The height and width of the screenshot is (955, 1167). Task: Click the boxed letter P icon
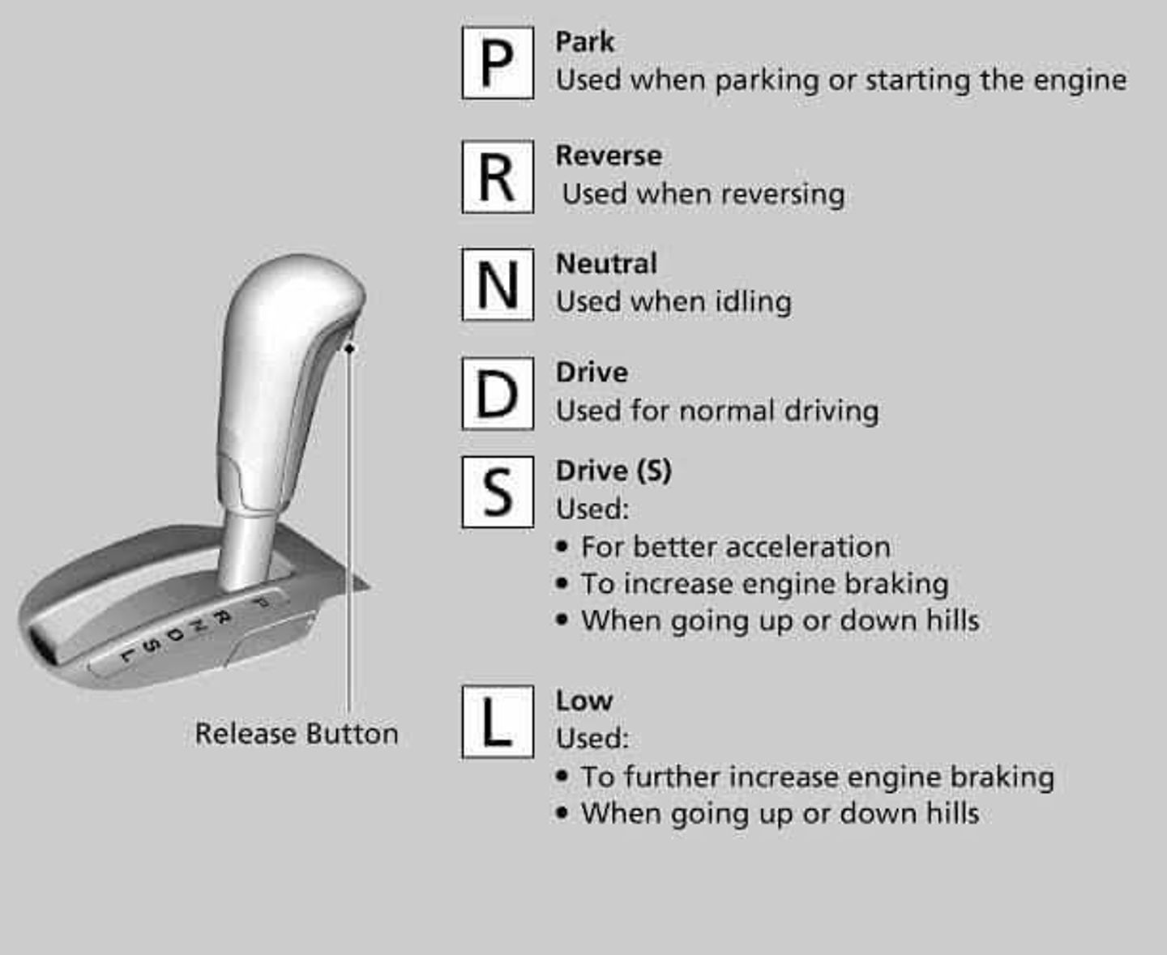(498, 63)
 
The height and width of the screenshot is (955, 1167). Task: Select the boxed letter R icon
(498, 177)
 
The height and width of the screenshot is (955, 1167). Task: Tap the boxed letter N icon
(498, 284)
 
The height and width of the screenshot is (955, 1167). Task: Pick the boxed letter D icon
(498, 394)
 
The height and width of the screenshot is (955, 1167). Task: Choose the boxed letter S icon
(498, 492)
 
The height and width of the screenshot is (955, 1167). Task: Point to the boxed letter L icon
(498, 722)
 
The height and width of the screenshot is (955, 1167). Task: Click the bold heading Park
(584, 42)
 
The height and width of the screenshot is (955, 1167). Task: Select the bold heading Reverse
(609, 156)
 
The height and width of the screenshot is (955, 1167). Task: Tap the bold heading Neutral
(606, 264)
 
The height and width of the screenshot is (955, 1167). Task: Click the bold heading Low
(583, 701)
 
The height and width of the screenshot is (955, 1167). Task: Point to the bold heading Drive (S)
(613, 471)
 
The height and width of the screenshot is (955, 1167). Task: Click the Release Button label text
(297, 734)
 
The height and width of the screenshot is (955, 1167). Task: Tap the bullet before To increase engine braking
(562, 583)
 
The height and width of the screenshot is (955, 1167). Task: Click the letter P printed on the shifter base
(259, 603)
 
